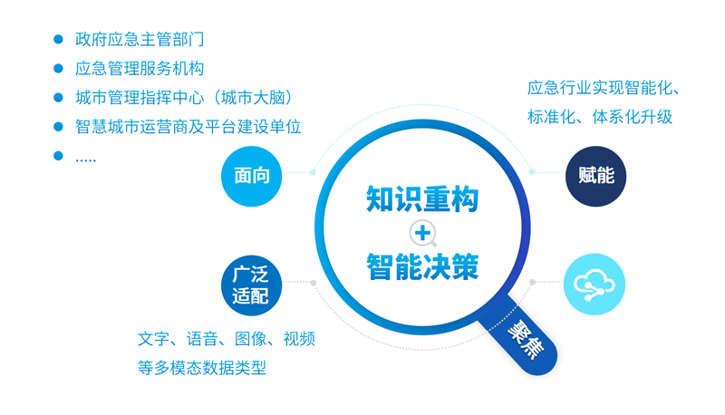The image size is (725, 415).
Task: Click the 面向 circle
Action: (x=252, y=176)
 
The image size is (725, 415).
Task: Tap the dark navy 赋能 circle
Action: (x=595, y=176)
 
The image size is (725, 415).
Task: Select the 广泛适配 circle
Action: (x=251, y=285)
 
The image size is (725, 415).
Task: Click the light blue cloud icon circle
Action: (x=594, y=285)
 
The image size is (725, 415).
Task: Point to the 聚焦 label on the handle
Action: (x=526, y=339)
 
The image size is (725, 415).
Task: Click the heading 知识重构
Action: (x=422, y=198)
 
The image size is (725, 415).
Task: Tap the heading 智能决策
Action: (x=422, y=266)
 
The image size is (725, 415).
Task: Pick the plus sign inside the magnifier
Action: (x=422, y=233)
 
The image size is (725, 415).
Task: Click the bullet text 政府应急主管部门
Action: (x=140, y=39)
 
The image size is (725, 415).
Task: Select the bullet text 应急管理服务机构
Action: (x=140, y=68)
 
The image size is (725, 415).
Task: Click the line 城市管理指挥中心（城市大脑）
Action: (x=184, y=98)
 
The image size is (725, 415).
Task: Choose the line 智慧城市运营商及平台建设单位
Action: (x=188, y=127)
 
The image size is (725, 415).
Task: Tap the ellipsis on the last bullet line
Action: (x=85, y=160)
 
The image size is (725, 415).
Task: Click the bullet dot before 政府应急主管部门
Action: (x=58, y=39)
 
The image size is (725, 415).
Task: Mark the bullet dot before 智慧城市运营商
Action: (x=58, y=127)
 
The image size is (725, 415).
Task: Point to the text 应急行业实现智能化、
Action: (x=604, y=88)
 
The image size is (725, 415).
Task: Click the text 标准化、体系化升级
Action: (x=600, y=117)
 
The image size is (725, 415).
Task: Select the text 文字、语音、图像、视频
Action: (x=227, y=339)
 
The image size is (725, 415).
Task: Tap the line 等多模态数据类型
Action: (x=202, y=368)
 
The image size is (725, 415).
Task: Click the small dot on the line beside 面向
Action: (x=313, y=172)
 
